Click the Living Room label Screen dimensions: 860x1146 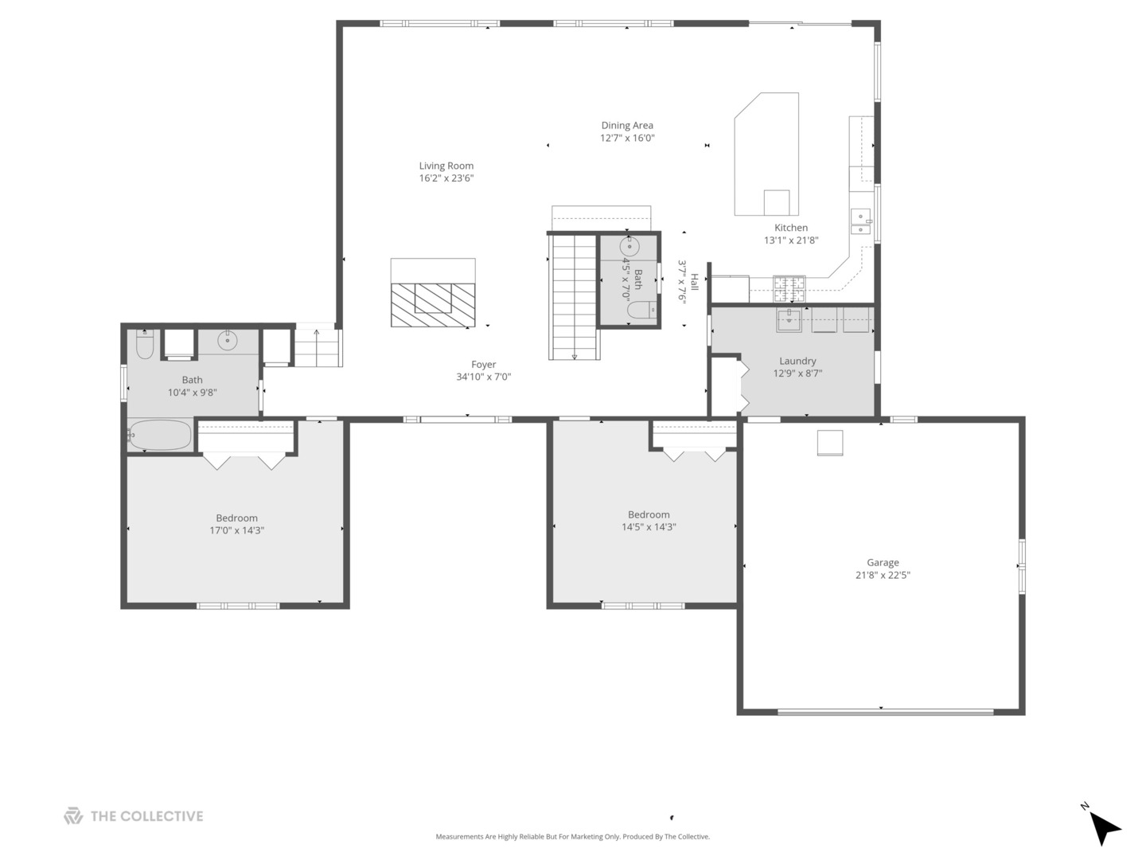click(x=446, y=166)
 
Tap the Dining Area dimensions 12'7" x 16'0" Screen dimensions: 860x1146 click(x=627, y=138)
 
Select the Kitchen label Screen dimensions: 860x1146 click(x=791, y=228)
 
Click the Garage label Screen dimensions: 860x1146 click(x=883, y=562)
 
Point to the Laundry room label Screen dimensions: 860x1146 click(x=797, y=361)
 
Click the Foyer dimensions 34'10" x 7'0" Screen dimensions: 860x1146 click(x=483, y=377)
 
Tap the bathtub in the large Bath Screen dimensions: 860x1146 click(x=162, y=436)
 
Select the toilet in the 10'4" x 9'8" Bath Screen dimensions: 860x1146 click(x=144, y=345)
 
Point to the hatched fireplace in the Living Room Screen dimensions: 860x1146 click(x=432, y=304)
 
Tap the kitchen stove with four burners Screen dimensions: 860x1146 click(x=789, y=285)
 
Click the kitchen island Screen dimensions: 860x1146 click(x=766, y=155)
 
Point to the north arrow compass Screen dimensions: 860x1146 click(x=1103, y=827)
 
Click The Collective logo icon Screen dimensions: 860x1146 click(x=73, y=816)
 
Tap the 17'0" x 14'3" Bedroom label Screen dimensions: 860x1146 click(x=236, y=518)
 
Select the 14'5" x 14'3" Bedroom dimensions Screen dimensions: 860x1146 click(x=649, y=527)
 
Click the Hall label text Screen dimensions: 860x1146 click(x=694, y=281)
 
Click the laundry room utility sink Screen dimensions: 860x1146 click(x=789, y=319)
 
